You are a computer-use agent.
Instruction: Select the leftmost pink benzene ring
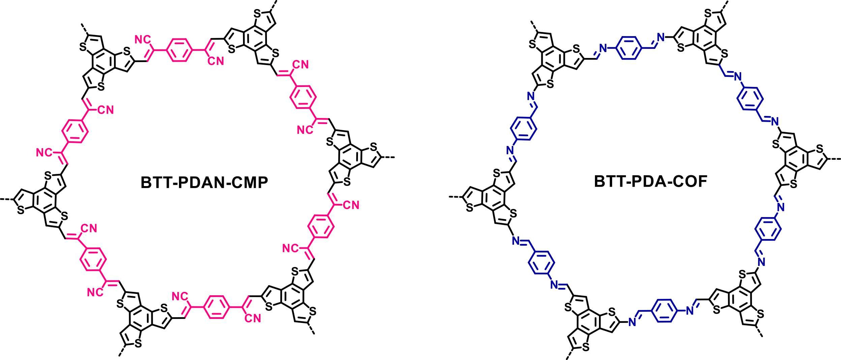75,132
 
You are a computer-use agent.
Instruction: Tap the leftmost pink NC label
43,153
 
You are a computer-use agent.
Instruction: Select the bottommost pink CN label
253,319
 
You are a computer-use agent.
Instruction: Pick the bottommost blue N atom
632,323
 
